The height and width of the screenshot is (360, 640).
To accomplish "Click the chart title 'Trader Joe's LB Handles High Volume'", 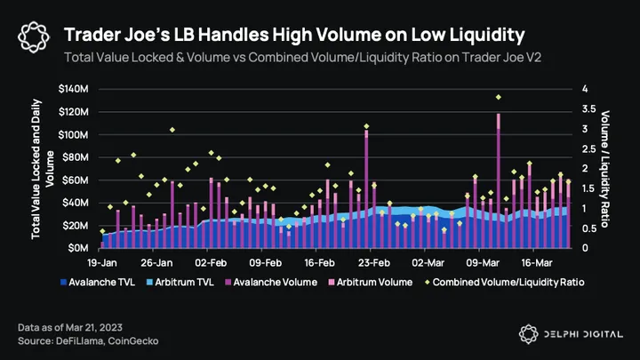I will coord(294,35).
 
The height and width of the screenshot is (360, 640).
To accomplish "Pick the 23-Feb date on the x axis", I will coord(373,263).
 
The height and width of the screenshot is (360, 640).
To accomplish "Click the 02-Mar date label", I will coord(428,263).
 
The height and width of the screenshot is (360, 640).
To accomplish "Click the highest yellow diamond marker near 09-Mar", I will coord(499,97).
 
